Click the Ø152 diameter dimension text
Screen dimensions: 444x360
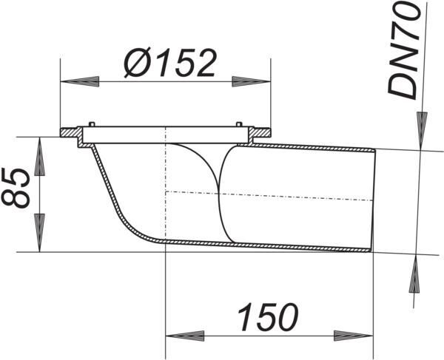(x=170, y=64)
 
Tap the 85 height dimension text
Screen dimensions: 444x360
(x=16, y=189)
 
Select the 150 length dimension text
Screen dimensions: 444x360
(x=268, y=316)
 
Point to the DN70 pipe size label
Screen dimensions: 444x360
(x=403, y=51)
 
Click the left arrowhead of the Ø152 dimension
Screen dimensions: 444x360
(x=80, y=81)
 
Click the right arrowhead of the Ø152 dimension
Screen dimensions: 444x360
(x=251, y=81)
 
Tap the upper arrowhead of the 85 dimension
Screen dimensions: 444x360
(x=40, y=157)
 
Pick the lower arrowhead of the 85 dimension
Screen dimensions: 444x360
(x=40, y=232)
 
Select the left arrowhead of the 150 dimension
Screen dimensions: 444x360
(x=184, y=336)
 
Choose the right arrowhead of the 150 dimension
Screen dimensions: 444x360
(x=353, y=336)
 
